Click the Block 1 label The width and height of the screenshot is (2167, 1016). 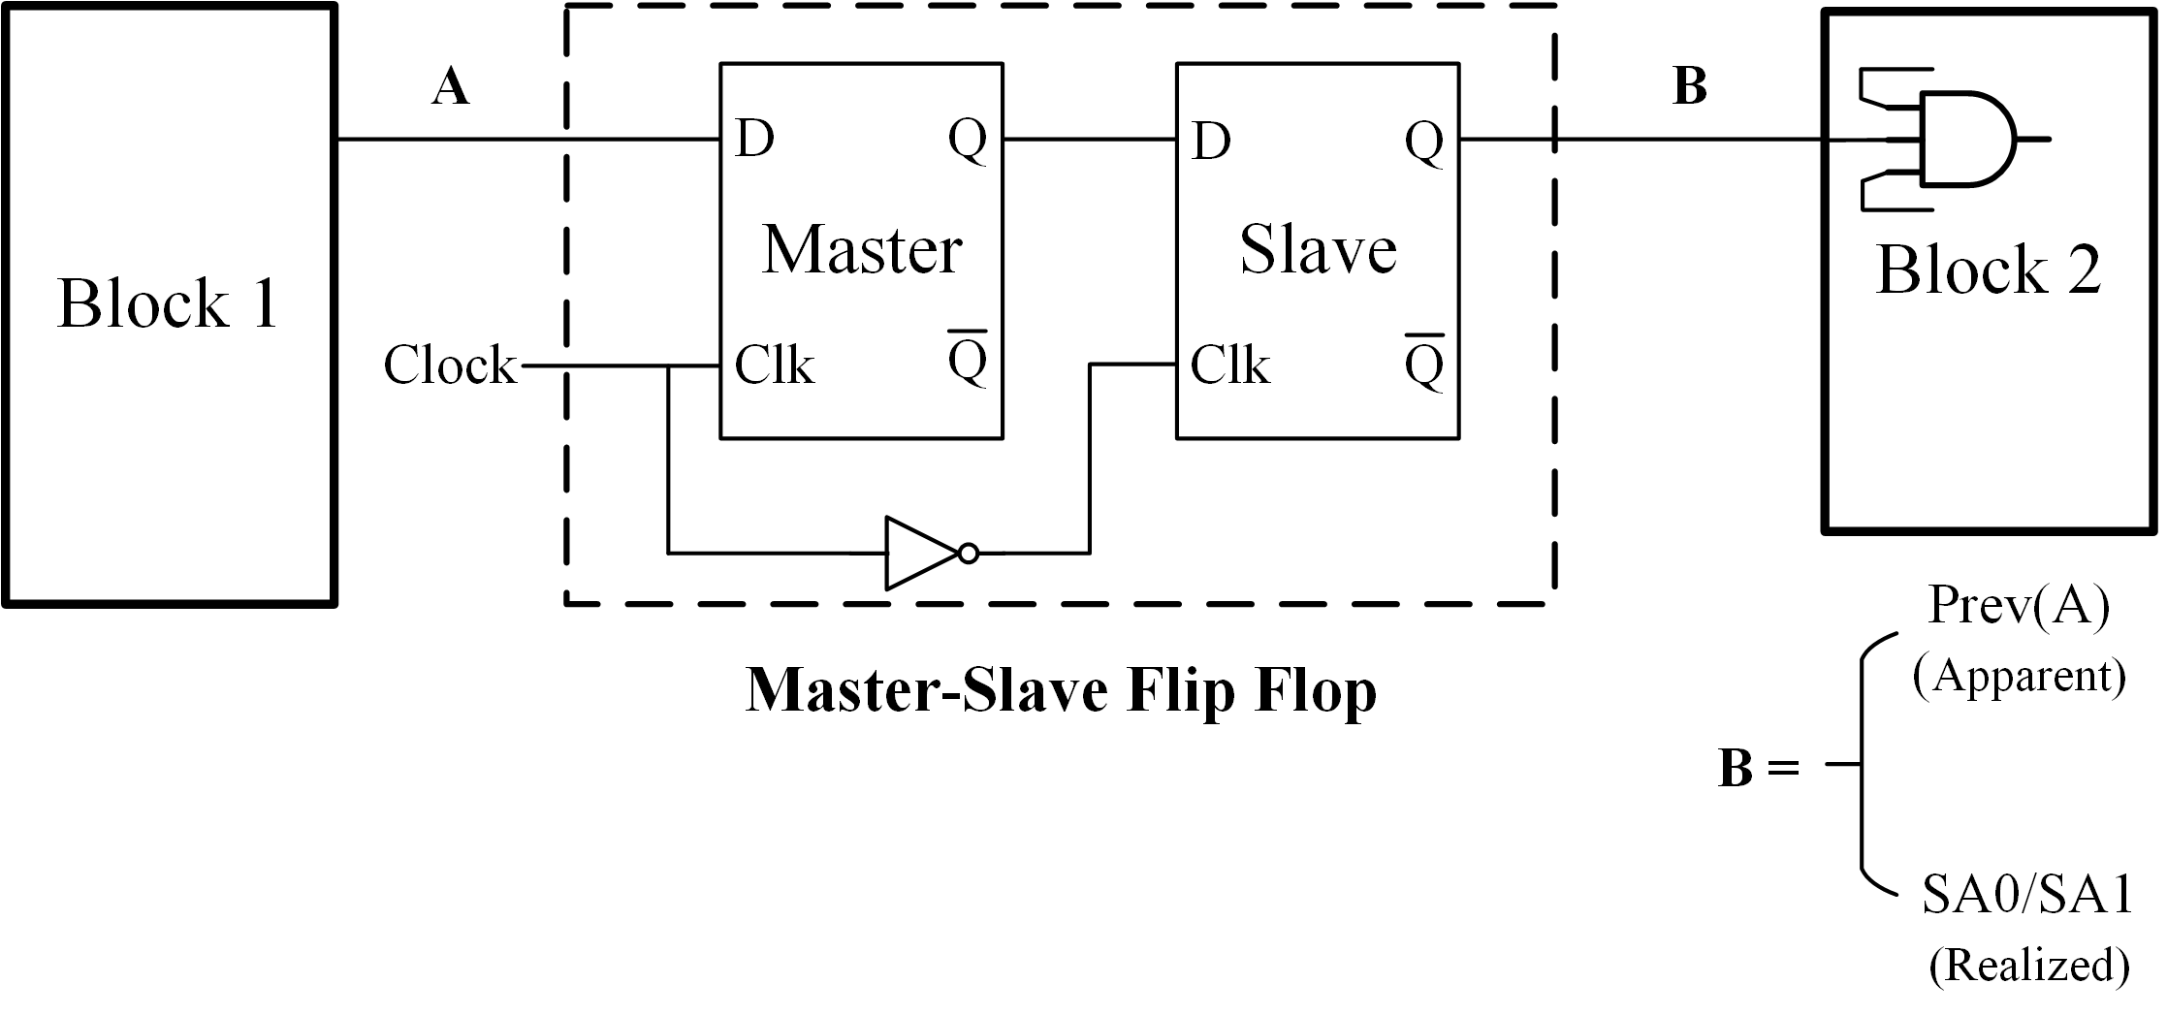point(168,304)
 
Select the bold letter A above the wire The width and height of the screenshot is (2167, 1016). point(451,87)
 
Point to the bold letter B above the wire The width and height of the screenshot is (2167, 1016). point(1690,86)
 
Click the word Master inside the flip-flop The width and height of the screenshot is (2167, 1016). point(861,250)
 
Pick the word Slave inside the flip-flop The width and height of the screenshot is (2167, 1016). point(1318,250)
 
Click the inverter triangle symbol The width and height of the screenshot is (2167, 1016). point(920,554)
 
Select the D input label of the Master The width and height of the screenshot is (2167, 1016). point(754,140)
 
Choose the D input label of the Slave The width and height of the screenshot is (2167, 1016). point(1211,142)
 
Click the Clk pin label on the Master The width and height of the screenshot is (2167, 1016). point(774,366)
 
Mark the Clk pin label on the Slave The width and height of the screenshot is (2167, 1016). point(1229,366)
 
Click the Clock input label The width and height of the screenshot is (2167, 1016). point(450,366)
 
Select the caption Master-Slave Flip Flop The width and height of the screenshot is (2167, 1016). point(1061,691)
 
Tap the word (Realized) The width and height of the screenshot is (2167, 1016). point(2028,966)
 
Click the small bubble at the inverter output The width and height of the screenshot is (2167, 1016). point(968,554)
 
